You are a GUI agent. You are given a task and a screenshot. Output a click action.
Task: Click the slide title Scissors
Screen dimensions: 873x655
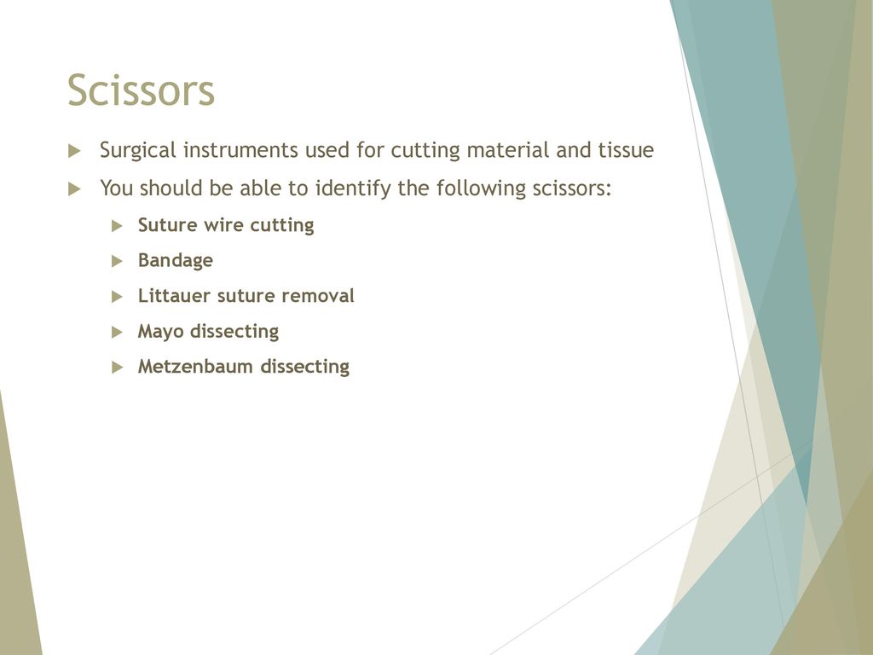(141, 90)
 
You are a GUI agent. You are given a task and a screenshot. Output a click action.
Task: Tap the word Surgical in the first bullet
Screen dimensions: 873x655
(138, 150)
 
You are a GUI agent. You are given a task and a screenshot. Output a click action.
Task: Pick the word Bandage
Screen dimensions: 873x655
(176, 261)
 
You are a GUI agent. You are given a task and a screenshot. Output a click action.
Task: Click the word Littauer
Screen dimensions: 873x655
(174, 296)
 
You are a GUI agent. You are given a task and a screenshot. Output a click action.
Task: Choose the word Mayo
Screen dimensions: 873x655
(161, 332)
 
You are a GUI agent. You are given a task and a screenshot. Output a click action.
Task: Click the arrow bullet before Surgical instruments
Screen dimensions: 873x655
(75, 151)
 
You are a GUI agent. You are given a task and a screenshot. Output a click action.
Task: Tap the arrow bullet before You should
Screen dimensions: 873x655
(75, 189)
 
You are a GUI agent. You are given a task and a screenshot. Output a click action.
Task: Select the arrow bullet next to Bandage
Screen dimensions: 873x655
(117, 261)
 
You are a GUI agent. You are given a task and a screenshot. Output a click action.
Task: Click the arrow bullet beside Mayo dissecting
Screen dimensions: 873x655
(117, 333)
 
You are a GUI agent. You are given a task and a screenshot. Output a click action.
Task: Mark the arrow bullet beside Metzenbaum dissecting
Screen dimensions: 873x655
(117, 368)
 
